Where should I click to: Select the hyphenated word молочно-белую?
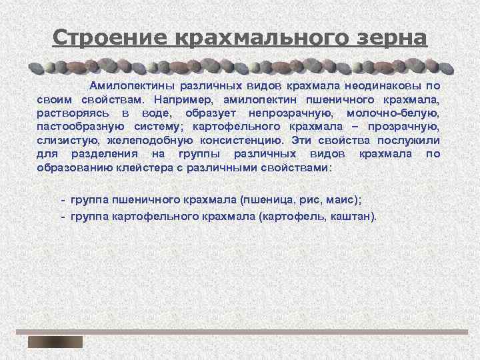(x=396, y=113)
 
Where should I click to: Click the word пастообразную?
(x=78, y=127)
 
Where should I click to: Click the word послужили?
(x=407, y=141)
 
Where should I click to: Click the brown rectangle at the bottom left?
(x=55, y=342)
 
